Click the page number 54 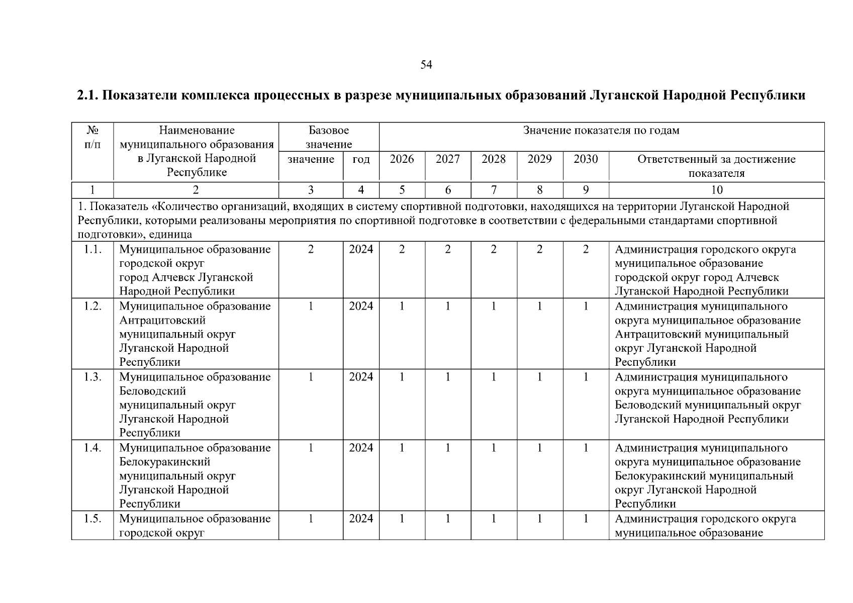pos(426,65)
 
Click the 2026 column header pos(402,159)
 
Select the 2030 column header pos(586,159)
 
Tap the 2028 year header pos(494,159)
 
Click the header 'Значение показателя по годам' pos(601,131)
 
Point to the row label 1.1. pos(92,249)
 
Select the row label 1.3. pos(92,377)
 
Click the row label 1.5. pos(92,519)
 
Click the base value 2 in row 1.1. pos(311,249)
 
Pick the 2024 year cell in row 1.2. pos(361,306)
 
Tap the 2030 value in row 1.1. pos(586,249)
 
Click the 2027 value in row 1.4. pos(447,448)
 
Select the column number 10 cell pos(717,190)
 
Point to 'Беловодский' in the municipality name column pos(152,391)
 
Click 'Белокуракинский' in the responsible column pos(656,476)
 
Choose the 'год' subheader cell pos(361,159)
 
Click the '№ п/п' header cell pos(92,138)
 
